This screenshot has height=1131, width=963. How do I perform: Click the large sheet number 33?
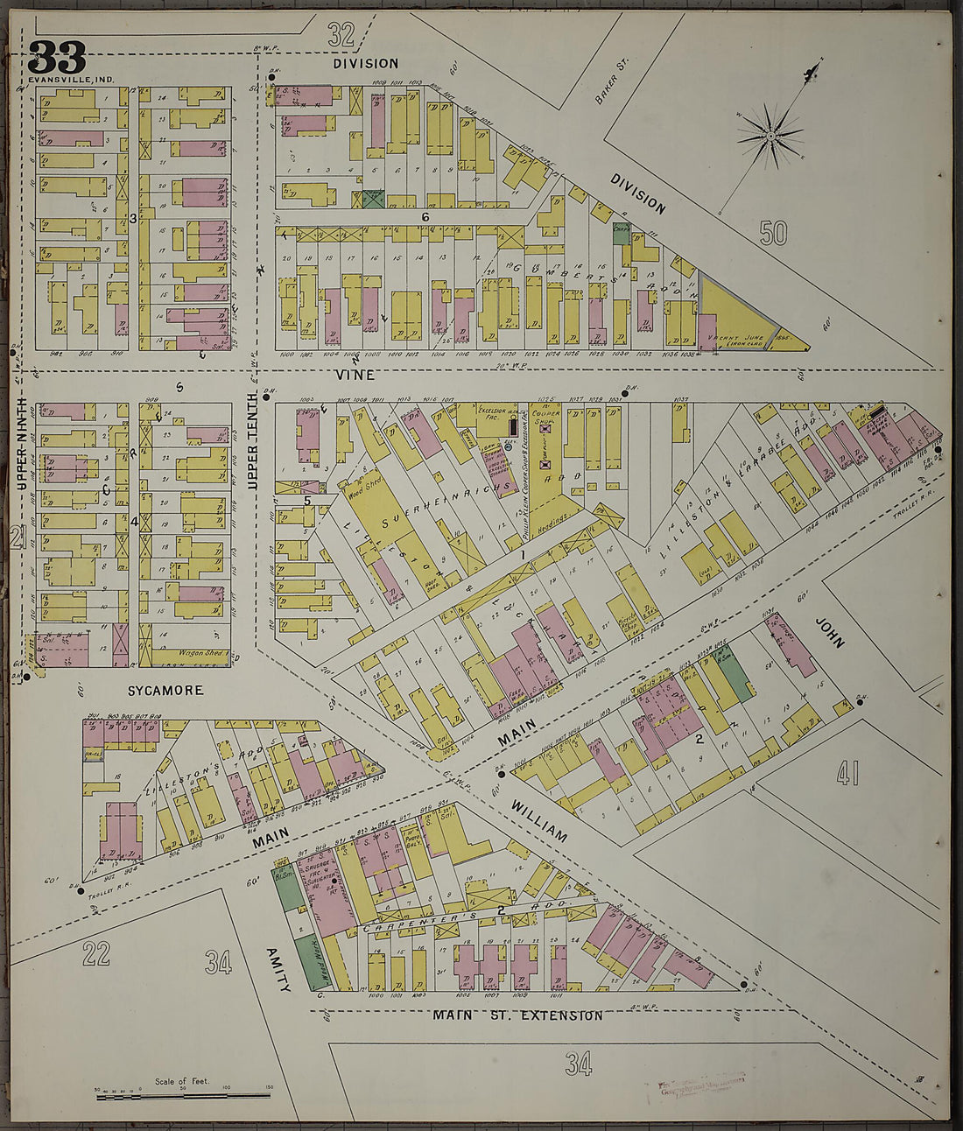tap(57, 58)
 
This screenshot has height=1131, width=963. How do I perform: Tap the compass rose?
tap(770, 136)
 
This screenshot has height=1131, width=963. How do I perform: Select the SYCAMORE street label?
tap(165, 691)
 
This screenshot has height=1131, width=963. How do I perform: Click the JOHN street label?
tap(829, 631)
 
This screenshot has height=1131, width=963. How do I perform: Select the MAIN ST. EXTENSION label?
tap(517, 1015)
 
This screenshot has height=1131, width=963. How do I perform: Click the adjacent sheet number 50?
tap(774, 233)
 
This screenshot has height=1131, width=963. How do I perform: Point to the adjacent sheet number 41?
tap(846, 772)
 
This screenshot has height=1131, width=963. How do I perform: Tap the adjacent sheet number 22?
tap(95, 954)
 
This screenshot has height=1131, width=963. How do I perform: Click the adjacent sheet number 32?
tap(341, 35)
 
